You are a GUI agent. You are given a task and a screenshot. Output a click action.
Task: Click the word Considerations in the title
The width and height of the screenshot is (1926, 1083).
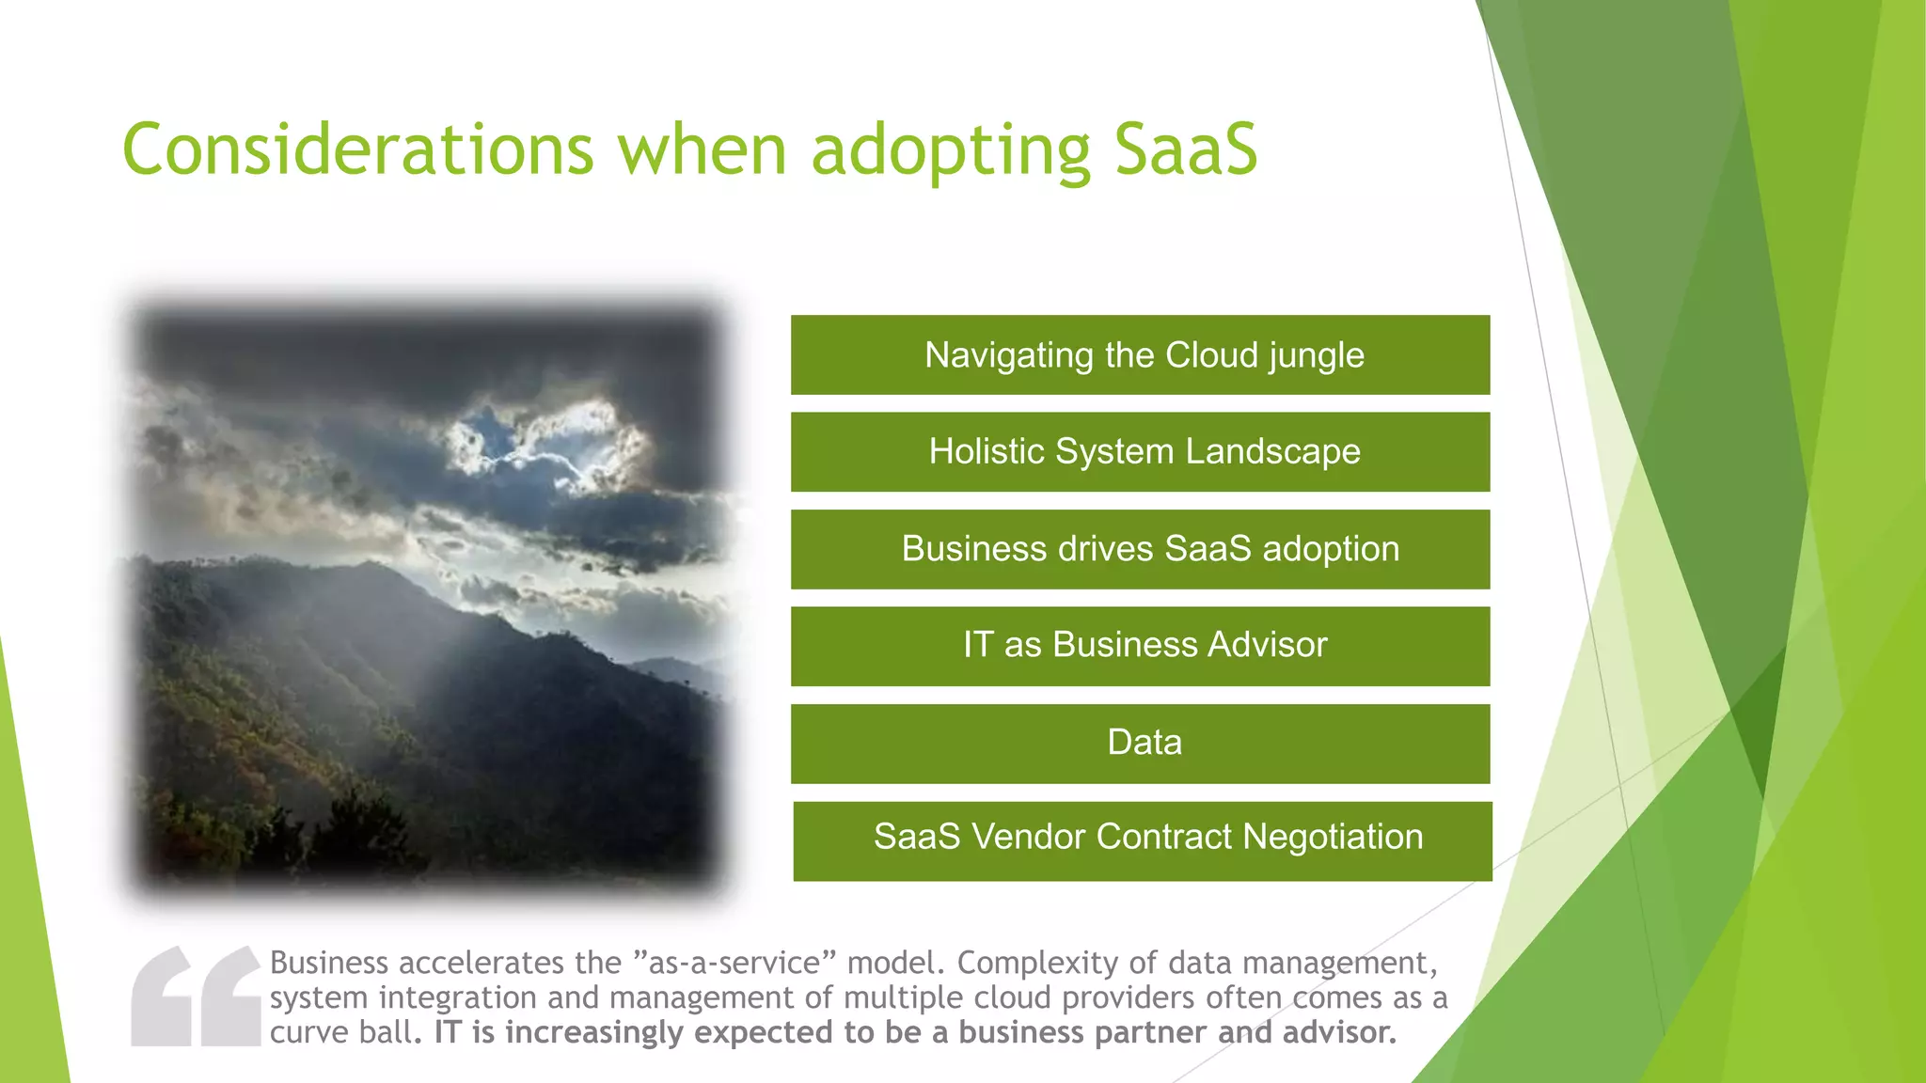point(357,150)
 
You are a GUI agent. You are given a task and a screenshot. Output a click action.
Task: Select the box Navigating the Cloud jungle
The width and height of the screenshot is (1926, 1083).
point(1140,355)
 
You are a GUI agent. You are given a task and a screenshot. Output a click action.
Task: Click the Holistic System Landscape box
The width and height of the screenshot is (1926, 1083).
point(1140,452)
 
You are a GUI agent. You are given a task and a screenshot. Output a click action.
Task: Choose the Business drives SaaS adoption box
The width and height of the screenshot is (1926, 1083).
point(1140,549)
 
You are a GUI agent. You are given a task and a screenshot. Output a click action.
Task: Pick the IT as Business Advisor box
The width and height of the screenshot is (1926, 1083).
point(1140,646)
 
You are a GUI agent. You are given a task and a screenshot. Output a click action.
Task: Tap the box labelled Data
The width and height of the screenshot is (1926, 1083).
point(1140,743)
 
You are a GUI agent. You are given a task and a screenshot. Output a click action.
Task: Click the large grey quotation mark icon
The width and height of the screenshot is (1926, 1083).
point(196,997)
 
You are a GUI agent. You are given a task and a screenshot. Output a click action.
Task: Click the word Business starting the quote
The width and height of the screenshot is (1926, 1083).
point(329,964)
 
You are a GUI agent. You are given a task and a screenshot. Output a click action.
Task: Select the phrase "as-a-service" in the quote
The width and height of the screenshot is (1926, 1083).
point(734,964)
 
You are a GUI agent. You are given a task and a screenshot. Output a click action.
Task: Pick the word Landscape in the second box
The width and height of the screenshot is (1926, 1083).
point(1272,452)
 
